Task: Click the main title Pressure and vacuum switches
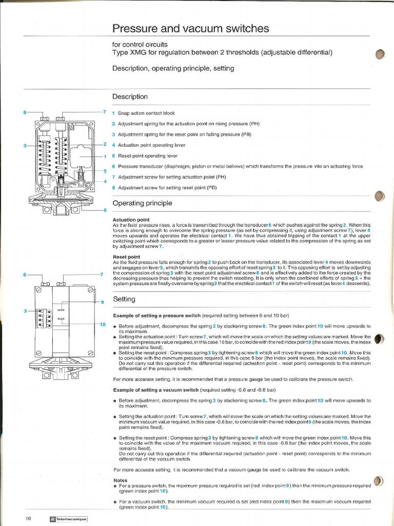pos(190,29)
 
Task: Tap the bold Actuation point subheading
pos(131,220)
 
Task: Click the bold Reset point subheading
pos(126,257)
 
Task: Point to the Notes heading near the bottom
pos(120,480)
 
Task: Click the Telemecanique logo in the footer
pos(69,519)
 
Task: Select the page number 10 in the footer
pos(29,518)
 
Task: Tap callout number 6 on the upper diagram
pos(105,210)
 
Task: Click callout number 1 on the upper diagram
pos(105,157)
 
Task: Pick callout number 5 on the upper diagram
pos(105,171)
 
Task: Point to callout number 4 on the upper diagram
pos(105,181)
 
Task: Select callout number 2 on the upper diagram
pos(105,144)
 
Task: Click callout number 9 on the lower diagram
pos(102,302)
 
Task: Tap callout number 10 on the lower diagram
pos(103,325)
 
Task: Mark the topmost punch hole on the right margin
pos(380,55)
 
